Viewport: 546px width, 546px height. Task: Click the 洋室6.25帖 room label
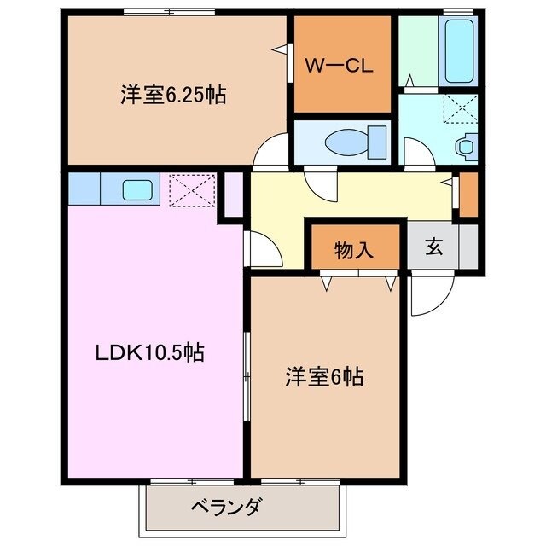pos(172,95)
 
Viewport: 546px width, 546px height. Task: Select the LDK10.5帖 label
pos(148,352)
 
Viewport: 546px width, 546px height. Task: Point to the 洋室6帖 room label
pos(324,376)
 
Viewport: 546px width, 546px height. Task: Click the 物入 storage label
pos(353,250)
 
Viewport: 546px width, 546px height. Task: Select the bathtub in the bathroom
pos(460,50)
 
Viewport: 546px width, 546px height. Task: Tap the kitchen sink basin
pos(137,189)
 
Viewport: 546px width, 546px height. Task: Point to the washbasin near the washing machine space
pos(465,146)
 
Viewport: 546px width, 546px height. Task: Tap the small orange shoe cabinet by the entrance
pos(468,195)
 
